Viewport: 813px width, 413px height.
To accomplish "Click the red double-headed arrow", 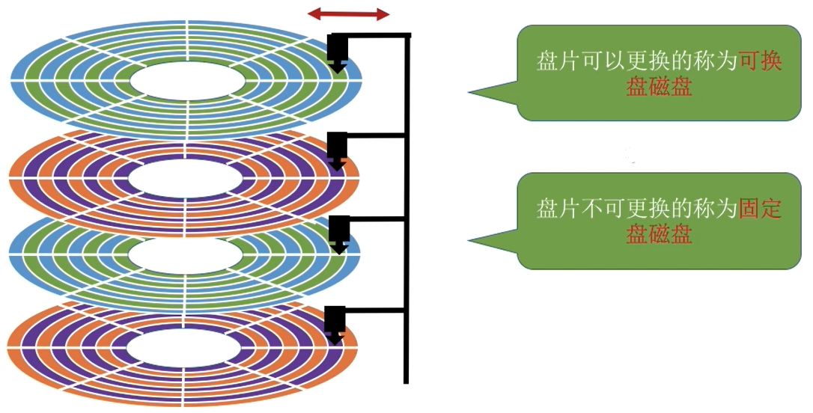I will point(349,14).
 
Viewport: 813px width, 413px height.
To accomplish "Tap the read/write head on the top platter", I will point(337,52).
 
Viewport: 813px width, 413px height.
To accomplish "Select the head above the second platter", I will point(337,150).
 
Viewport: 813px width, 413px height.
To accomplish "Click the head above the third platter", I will point(338,233).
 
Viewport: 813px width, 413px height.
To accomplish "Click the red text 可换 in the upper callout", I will point(761,61).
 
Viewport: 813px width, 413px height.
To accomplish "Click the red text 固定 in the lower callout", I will point(761,209).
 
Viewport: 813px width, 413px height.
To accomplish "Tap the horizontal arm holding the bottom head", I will point(374,309).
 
